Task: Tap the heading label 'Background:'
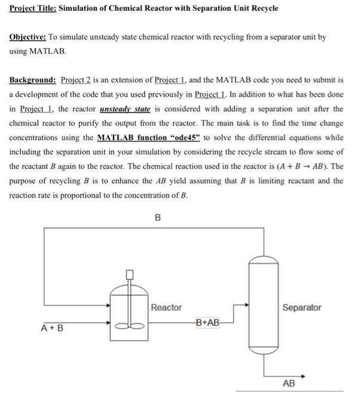[x=32, y=80]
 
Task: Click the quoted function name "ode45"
[x=182, y=138]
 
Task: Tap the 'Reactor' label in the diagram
[x=166, y=308]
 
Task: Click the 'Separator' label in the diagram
[x=301, y=308]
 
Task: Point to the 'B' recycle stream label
[x=158, y=218]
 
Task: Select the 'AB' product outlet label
[x=288, y=383]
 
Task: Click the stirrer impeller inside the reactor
[x=129, y=326]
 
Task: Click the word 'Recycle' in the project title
[x=264, y=10]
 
